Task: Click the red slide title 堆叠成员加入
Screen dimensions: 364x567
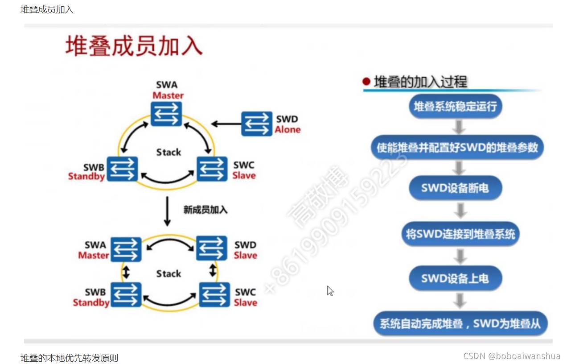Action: (134, 46)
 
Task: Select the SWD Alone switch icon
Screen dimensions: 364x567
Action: (257, 124)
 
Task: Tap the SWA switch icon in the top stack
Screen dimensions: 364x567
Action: (166, 114)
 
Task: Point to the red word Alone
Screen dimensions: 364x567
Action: (288, 130)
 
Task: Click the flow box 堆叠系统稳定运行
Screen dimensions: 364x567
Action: (455, 107)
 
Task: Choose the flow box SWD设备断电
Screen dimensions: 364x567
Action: (455, 188)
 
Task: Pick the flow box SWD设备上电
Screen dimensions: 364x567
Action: (455, 278)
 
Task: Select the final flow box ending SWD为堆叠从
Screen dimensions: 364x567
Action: (460, 323)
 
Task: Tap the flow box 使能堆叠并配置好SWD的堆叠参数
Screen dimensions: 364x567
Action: (457, 147)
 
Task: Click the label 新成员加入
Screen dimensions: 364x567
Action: (205, 209)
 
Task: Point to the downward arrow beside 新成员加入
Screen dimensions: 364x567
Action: (167, 211)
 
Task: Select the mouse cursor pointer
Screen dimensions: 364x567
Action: (330, 291)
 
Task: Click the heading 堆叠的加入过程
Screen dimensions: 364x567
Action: (420, 82)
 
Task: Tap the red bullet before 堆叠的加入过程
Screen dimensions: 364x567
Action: (366, 82)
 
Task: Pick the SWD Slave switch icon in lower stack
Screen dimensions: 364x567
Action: (212, 248)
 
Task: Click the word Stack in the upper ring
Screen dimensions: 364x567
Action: (168, 152)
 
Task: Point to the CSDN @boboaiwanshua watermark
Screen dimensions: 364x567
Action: (511, 356)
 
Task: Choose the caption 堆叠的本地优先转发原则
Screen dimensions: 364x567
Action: (69, 358)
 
